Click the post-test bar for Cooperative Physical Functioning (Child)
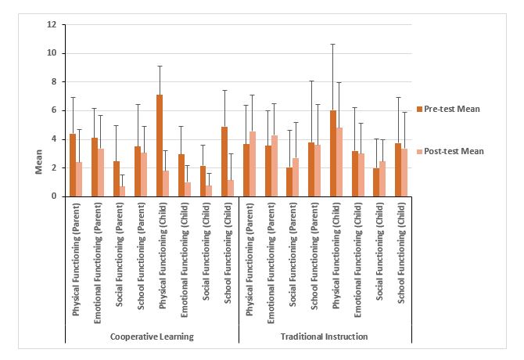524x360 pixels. point(167,183)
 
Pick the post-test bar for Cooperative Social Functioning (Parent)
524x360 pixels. point(123,191)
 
